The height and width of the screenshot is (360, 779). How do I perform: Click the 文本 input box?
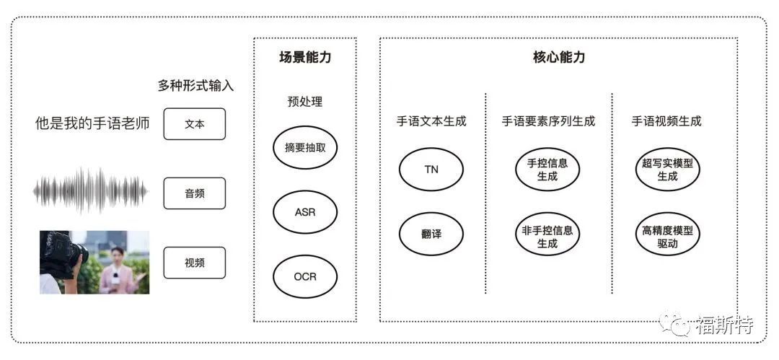[x=194, y=124]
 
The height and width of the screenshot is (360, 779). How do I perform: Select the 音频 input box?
[x=194, y=193]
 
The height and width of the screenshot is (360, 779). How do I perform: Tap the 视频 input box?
[x=194, y=263]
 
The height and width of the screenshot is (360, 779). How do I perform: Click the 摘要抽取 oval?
[x=305, y=148]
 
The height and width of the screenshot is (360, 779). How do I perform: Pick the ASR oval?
[x=305, y=212]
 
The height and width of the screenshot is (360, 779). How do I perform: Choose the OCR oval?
[x=305, y=276]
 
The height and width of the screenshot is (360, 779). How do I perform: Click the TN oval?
[x=431, y=170]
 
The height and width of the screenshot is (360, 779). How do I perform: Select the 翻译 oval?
[x=431, y=234]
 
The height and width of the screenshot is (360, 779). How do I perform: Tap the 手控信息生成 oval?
[x=547, y=170]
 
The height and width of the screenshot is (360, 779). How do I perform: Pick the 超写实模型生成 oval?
[x=667, y=170]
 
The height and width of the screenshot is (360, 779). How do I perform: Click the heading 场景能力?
[x=305, y=58]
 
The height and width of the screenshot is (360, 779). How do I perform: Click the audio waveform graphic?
[x=91, y=191]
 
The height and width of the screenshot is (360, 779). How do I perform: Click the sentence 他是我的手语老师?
[x=92, y=123]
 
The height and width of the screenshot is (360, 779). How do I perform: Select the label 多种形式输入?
[x=195, y=86]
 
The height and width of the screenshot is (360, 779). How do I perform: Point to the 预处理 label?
[x=305, y=102]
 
